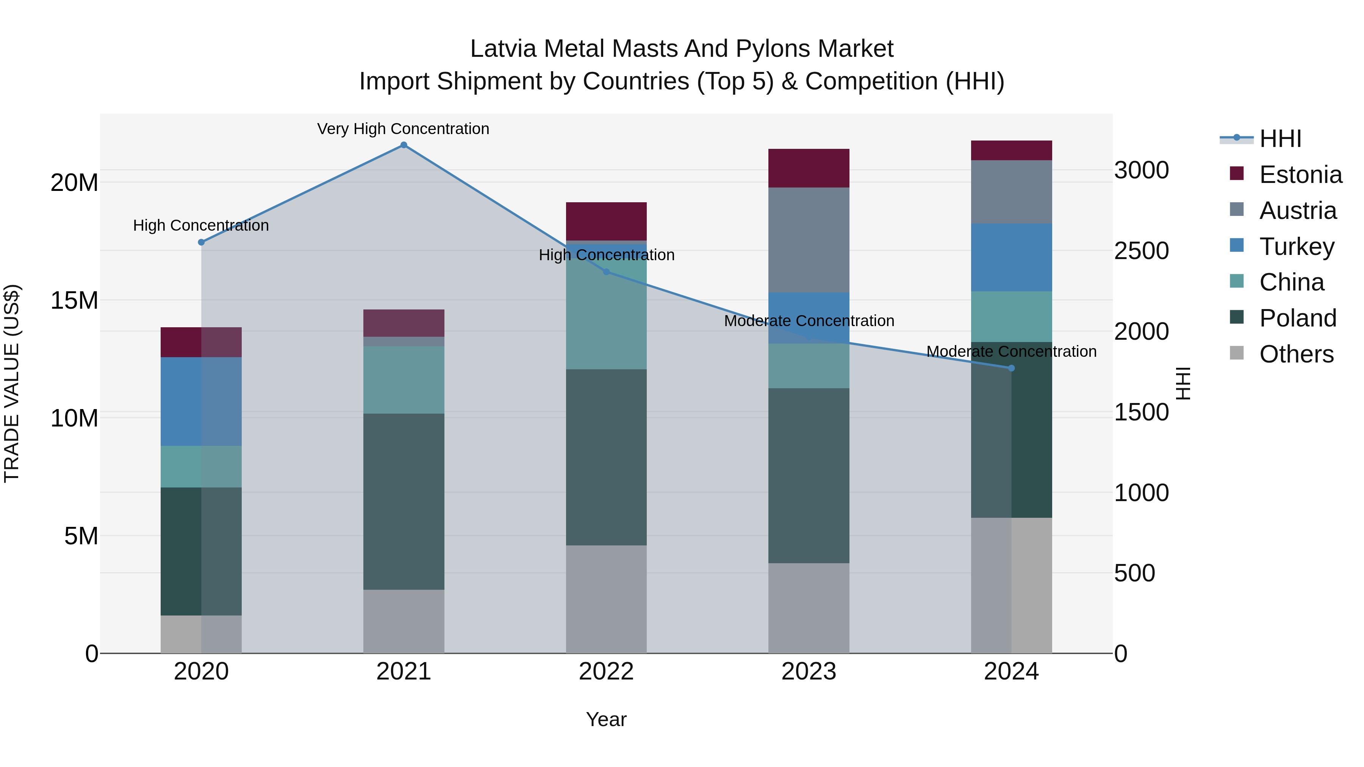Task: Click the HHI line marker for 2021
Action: pyautogui.click(x=404, y=145)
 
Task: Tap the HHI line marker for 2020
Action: pyautogui.click(x=201, y=242)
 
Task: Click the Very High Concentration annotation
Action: pyautogui.click(x=403, y=129)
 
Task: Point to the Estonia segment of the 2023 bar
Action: pyautogui.click(x=809, y=168)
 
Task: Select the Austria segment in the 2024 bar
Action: pyautogui.click(x=1011, y=192)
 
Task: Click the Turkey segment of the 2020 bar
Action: pyautogui.click(x=201, y=401)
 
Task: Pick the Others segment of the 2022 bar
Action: pyautogui.click(x=606, y=599)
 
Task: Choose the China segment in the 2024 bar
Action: pyautogui.click(x=1011, y=317)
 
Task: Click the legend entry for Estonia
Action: pyautogui.click(x=1300, y=175)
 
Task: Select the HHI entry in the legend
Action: pyautogui.click(x=1280, y=139)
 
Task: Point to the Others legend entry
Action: pyautogui.click(x=1296, y=354)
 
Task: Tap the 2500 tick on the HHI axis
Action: pyautogui.click(x=1141, y=251)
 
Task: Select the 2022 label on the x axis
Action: pyautogui.click(x=606, y=672)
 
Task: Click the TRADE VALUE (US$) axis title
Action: pyautogui.click(x=12, y=383)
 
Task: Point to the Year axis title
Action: pyautogui.click(x=606, y=719)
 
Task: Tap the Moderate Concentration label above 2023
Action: pyautogui.click(x=809, y=321)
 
